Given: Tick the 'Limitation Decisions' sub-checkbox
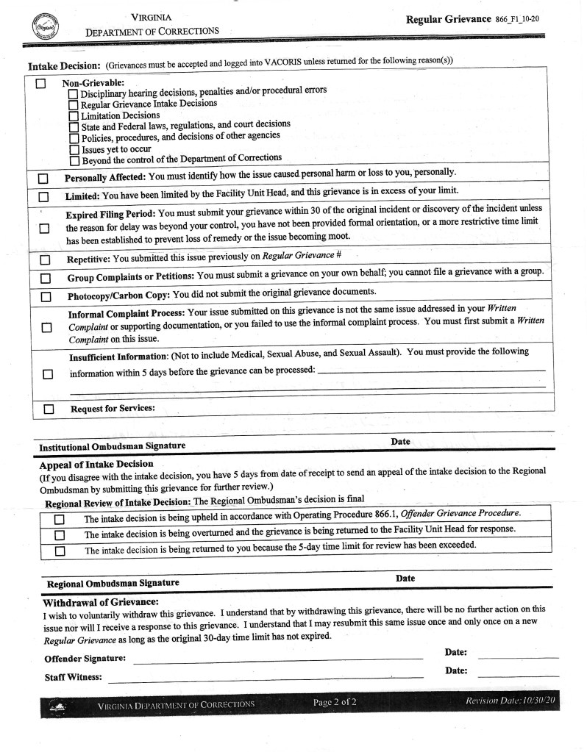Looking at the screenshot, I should tap(74, 115).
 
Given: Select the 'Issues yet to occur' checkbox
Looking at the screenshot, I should tap(74, 149).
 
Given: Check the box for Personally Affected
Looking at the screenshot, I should tap(43, 178).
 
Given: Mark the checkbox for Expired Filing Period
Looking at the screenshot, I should tap(43, 228).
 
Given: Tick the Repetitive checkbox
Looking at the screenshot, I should tap(43, 259).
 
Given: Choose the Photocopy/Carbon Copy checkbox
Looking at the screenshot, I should tap(43, 296).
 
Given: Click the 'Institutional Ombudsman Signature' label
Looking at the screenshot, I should tap(112, 446).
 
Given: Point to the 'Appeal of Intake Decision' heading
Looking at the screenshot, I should tap(96, 464).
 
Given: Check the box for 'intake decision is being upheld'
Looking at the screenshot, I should tap(60, 519).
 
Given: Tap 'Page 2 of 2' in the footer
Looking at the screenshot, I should tap(335, 703).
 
